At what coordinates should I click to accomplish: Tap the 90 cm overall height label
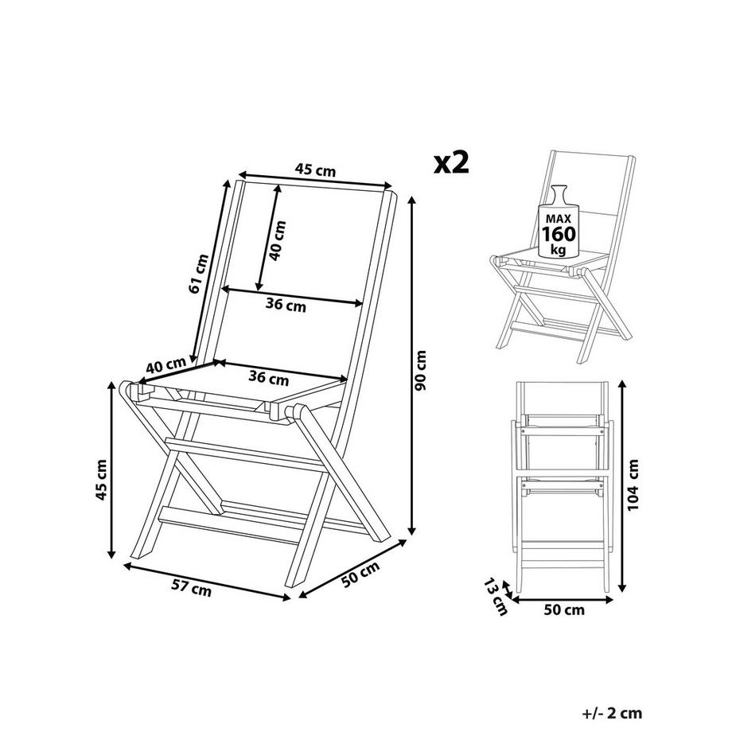[422, 370]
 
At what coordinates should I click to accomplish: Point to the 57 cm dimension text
[192, 589]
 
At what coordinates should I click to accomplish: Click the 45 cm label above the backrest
[315, 169]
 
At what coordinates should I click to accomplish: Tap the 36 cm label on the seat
[268, 378]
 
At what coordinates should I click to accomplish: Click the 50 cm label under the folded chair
[563, 610]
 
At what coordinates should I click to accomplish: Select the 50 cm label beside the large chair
[358, 575]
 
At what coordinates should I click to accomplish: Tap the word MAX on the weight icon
[558, 216]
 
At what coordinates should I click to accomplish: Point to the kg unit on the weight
[559, 249]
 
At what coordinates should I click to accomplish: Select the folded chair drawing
[561, 485]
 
